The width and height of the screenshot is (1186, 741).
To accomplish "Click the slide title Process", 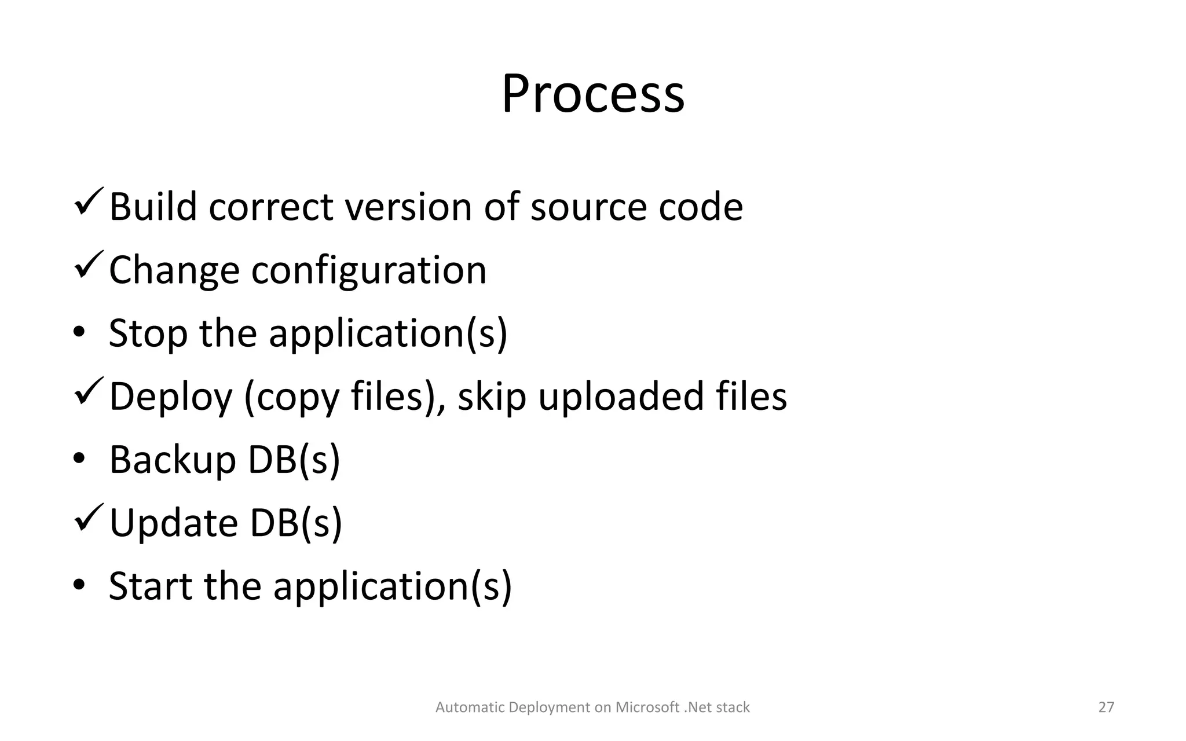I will (593, 94).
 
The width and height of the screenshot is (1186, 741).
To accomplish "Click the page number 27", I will (1106, 707).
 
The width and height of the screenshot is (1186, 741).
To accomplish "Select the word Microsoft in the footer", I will (647, 707).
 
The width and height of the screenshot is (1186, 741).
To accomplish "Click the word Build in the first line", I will (153, 207).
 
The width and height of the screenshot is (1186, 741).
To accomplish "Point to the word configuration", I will (369, 271).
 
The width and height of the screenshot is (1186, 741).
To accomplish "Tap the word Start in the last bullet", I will (151, 586).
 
